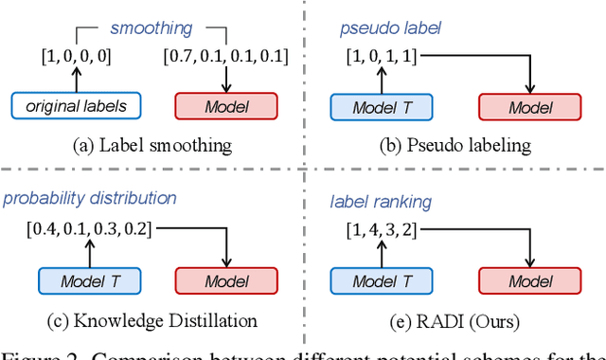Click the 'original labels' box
click(75, 106)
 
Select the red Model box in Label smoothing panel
click(226, 106)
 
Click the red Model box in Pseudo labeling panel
click(530, 106)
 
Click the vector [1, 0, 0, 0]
click(75, 56)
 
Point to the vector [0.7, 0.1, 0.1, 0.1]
click(226, 56)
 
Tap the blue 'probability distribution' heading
click(89, 198)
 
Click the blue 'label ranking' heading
click(381, 201)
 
